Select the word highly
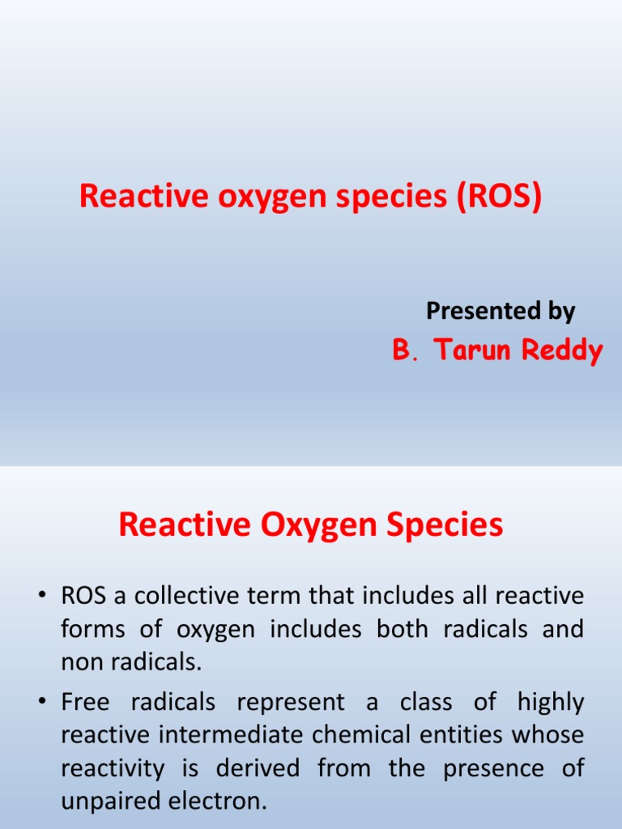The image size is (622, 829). point(551,703)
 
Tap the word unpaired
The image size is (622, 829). point(110,801)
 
